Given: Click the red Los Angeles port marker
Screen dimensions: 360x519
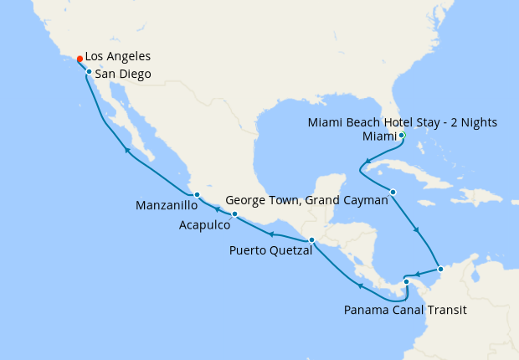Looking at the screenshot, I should coord(80,59).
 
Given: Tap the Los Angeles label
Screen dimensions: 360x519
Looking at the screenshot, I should coord(118,56).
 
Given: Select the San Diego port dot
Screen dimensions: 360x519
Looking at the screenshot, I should coord(89,72).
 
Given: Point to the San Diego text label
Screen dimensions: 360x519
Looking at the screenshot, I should coord(123,75).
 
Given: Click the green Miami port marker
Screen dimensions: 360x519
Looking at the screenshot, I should coord(402,135).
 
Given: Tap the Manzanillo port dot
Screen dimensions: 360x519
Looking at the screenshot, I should coord(196,195).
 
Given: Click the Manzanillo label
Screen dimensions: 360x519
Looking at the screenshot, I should coord(167,205).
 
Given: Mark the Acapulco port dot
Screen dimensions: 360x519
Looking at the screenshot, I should coord(234,214).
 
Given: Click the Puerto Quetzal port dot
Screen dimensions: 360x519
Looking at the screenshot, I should coord(311,240).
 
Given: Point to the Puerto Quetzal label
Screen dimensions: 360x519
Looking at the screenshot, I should coord(270,249).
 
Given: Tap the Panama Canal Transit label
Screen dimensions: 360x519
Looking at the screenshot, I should coord(405,310).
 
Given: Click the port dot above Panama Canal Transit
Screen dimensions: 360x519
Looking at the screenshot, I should coord(406,281).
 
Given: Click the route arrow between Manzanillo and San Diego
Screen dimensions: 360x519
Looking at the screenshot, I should coord(127,150).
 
